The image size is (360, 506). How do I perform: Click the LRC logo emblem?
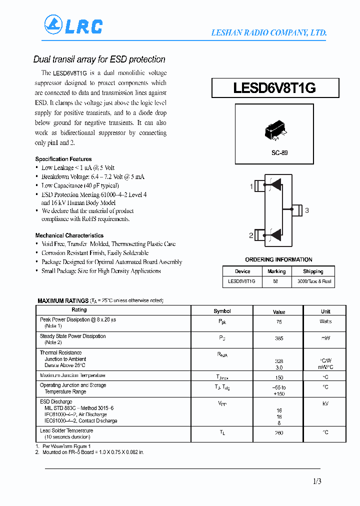pyautogui.click(x=53, y=24)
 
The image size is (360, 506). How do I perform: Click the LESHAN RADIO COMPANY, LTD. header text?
pyautogui.click(x=268, y=33)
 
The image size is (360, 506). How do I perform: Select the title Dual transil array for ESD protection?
pyautogui.click(x=99, y=59)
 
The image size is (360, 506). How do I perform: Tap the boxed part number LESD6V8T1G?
pyautogui.click(x=274, y=88)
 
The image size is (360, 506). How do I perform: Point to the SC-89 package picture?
pyautogui.click(x=274, y=131)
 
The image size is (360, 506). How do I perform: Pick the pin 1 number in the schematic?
pyautogui.click(x=251, y=186)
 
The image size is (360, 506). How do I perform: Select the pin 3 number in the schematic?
pyautogui.click(x=306, y=210)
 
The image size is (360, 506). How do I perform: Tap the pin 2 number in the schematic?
pyautogui.click(x=251, y=235)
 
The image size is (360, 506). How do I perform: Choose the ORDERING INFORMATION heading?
pyautogui.click(x=278, y=259)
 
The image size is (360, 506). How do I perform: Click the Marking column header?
pyautogui.click(x=276, y=271)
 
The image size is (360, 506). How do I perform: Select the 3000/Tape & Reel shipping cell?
pyautogui.click(x=313, y=281)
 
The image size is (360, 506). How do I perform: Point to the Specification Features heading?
pyautogui.click(x=63, y=159)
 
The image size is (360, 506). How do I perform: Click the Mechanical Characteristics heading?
pyautogui.click(x=69, y=235)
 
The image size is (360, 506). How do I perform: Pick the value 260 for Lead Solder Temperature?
pyautogui.click(x=279, y=433)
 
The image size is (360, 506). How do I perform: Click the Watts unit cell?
pyautogui.click(x=325, y=321)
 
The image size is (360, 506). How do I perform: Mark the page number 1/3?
pyautogui.click(x=316, y=481)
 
